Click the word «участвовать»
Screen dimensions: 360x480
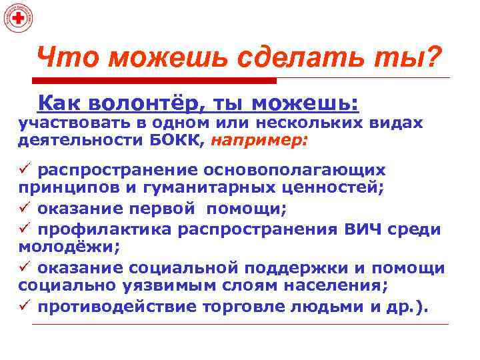[77, 123]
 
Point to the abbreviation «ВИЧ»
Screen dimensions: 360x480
[366, 229]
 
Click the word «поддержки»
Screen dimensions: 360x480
[293, 268]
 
